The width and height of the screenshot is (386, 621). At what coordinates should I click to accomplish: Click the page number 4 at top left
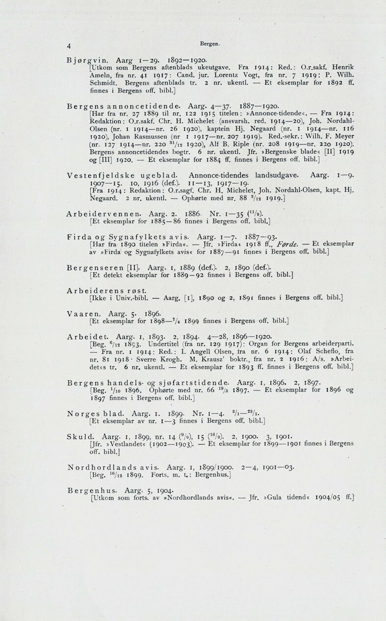70,47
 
